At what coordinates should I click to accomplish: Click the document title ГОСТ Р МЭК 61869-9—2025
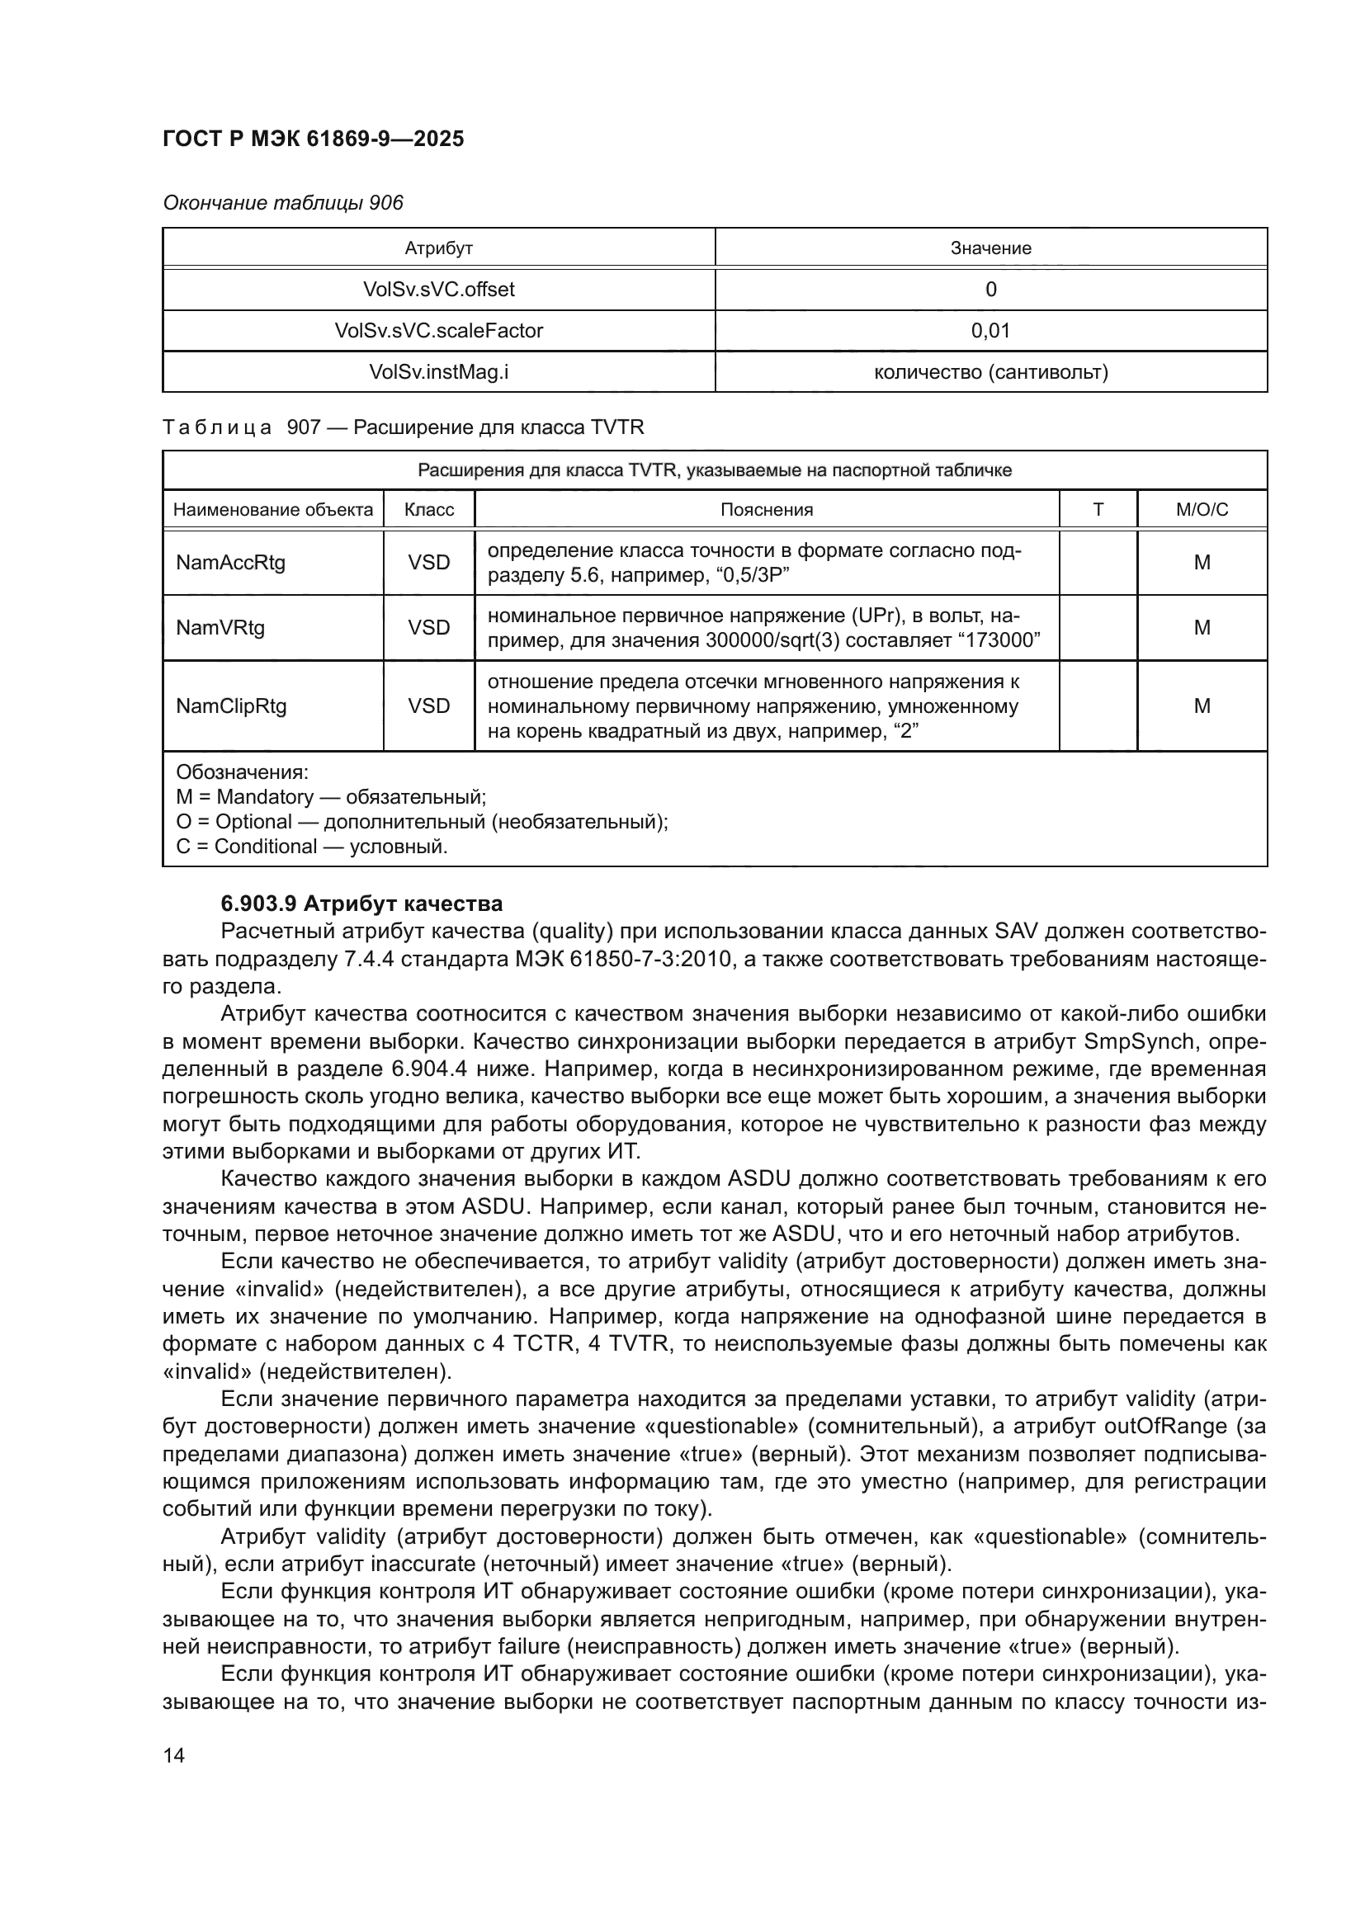(x=313, y=139)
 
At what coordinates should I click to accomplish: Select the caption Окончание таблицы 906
(x=282, y=203)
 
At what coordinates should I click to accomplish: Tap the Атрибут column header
(x=438, y=248)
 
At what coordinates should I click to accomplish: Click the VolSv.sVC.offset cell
(x=438, y=289)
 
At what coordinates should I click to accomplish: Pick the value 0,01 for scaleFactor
(x=990, y=330)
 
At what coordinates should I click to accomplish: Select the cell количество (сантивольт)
(x=990, y=371)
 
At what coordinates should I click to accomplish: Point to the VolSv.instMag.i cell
(x=438, y=371)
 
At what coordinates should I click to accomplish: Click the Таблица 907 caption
(x=403, y=427)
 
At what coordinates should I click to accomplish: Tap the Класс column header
(x=428, y=509)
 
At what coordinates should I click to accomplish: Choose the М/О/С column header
(x=1201, y=509)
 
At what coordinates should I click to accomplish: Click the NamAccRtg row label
(x=230, y=563)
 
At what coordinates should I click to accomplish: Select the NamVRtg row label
(x=220, y=627)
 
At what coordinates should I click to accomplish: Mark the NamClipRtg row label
(x=231, y=705)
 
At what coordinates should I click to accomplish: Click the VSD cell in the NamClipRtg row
(x=428, y=705)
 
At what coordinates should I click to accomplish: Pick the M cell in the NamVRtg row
(x=1201, y=627)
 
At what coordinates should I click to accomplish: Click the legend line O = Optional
(x=421, y=821)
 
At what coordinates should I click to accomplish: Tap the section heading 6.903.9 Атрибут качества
(x=361, y=904)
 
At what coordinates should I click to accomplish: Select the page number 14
(x=174, y=1755)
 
